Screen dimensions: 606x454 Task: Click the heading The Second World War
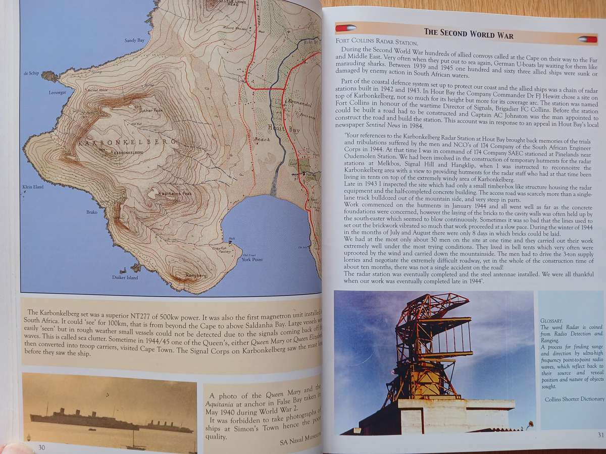click(x=469, y=34)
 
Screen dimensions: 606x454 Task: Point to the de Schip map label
click(x=31, y=74)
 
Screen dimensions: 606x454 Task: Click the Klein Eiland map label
click(x=33, y=187)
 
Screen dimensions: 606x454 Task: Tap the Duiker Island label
click(x=125, y=277)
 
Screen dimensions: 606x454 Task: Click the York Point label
click(x=252, y=259)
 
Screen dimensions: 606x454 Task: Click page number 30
click(x=42, y=446)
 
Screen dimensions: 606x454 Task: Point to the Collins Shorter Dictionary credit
click(x=574, y=399)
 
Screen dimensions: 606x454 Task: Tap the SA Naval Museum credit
click(x=300, y=442)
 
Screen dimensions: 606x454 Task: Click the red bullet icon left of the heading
click(x=346, y=28)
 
